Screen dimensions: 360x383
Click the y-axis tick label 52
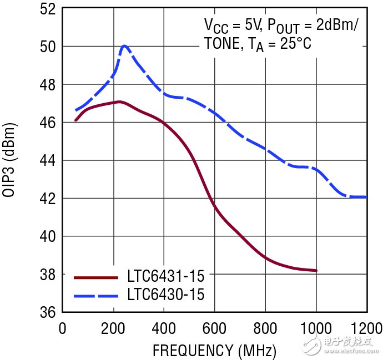(46, 9)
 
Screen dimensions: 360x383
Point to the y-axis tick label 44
(46, 160)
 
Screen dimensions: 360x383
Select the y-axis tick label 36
(46, 312)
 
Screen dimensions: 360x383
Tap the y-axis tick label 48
(46, 85)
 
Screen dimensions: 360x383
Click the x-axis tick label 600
(214, 328)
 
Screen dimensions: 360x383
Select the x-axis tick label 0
(62, 328)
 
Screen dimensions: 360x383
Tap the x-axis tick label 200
(113, 328)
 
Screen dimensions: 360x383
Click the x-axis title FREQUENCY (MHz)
(214, 350)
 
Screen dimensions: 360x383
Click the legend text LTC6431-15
(165, 276)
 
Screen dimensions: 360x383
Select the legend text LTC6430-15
(165, 294)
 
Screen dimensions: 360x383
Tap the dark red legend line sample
(96, 276)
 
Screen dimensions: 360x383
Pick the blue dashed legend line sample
(96, 295)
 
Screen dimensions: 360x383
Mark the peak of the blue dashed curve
(125, 46)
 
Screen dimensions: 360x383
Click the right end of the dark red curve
(316, 271)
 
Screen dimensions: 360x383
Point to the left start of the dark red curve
(75, 120)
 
